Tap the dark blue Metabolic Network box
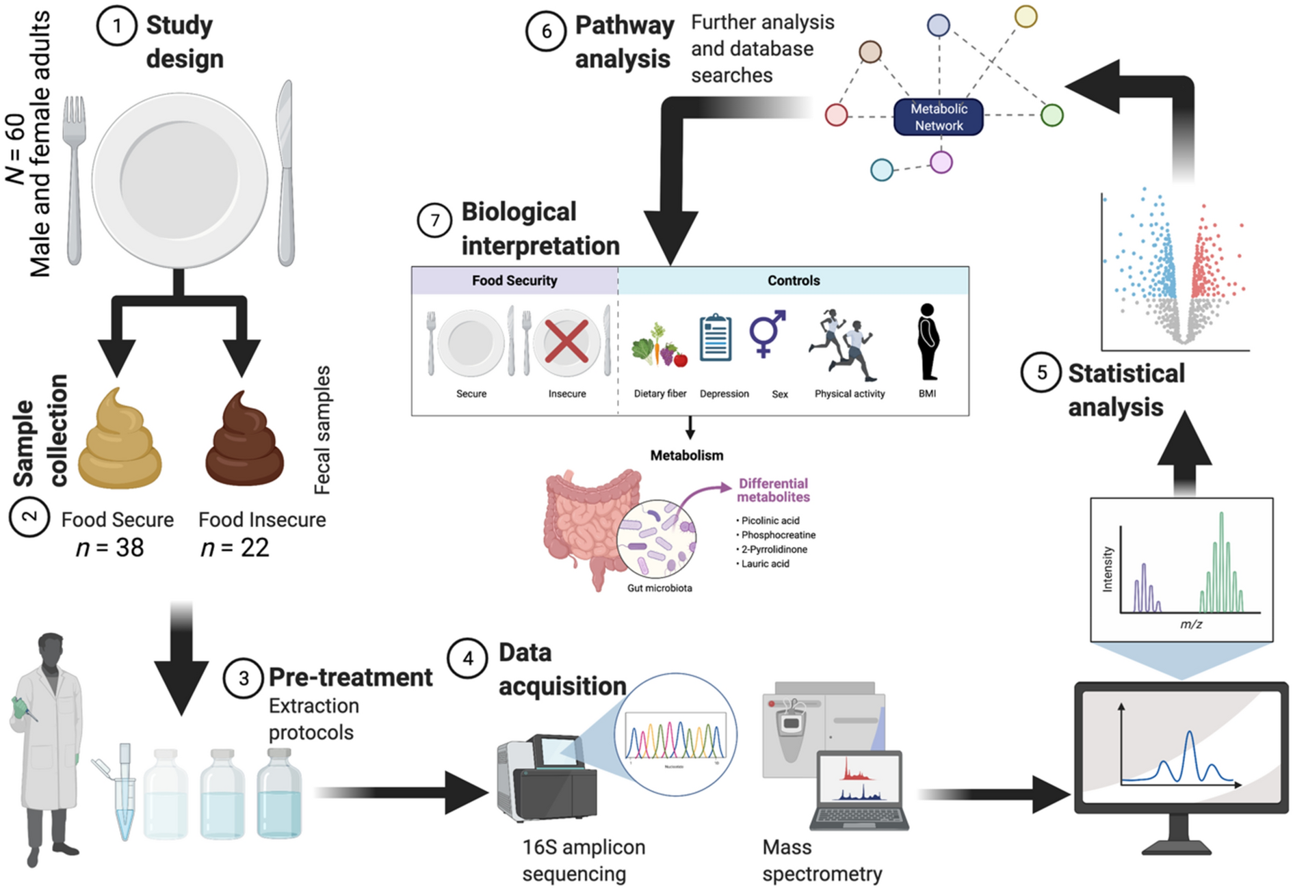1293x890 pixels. click(938, 117)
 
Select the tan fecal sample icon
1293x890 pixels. click(120, 441)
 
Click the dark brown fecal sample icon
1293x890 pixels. click(244, 441)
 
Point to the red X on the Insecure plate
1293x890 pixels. click(566, 341)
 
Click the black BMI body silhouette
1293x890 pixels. click(928, 342)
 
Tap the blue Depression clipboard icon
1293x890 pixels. click(716, 338)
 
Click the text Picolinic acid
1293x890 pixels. click(770, 521)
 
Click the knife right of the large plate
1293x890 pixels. click(285, 174)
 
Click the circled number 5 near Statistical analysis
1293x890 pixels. click(1041, 373)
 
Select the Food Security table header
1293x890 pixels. click(514, 280)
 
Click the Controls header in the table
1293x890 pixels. click(794, 280)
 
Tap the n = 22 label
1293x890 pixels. click(235, 548)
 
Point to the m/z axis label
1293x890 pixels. click(1191, 624)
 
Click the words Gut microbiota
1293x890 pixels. click(659, 588)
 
